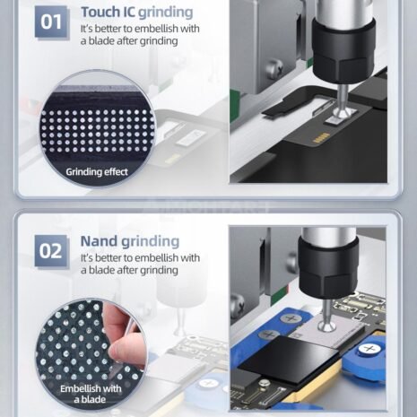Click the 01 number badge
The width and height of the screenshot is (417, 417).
[x=52, y=22]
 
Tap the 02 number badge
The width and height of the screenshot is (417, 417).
[x=51, y=251]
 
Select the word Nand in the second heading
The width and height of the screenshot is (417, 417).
[x=99, y=241]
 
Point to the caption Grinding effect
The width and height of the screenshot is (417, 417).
[x=97, y=172]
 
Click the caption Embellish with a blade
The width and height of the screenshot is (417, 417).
[x=91, y=394]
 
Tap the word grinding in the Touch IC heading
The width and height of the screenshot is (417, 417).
[x=166, y=13]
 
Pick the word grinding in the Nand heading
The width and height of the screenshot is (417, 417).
[x=151, y=242]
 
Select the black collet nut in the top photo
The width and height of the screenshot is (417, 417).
[x=343, y=51]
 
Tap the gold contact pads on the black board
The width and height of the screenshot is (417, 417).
[x=320, y=138]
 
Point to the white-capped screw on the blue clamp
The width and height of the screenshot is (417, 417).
[x=369, y=350]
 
